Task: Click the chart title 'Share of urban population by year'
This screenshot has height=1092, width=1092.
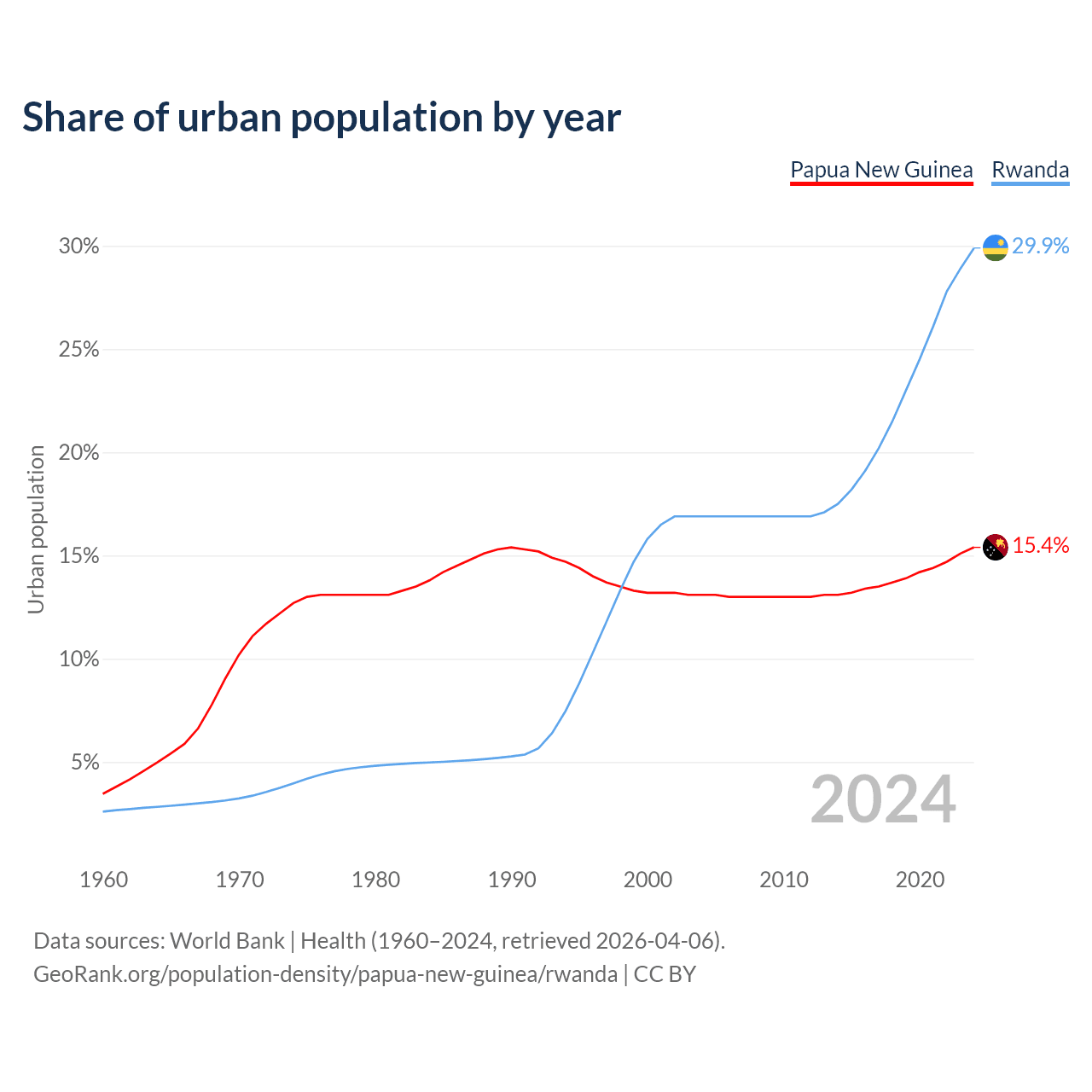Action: click(322, 117)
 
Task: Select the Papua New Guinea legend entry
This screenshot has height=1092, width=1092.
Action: click(881, 170)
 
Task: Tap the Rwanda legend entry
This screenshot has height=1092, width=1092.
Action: click(1030, 170)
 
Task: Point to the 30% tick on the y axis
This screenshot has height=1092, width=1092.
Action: click(78, 247)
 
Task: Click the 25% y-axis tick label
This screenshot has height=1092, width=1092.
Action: click(78, 350)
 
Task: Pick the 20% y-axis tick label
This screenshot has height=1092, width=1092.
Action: click(78, 453)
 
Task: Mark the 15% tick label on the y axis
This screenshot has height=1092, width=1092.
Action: click(78, 556)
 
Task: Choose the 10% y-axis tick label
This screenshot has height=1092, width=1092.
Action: click(78, 659)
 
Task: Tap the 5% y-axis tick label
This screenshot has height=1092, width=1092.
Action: click(85, 763)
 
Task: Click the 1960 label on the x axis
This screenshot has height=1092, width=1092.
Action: click(103, 880)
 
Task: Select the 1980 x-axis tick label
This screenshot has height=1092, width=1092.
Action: click(375, 880)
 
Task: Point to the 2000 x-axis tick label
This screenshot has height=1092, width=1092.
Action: click(648, 880)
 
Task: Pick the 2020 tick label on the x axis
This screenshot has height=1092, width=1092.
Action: click(920, 880)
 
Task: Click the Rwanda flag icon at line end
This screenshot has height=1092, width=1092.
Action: click(996, 247)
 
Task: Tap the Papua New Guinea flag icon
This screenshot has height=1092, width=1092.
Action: click(996, 547)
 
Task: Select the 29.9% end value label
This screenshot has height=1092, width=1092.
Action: click(1041, 247)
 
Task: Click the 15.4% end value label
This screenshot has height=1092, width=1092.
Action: click(1041, 546)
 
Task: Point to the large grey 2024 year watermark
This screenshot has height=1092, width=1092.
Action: click(883, 799)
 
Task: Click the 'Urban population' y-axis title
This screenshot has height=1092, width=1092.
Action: click(36, 529)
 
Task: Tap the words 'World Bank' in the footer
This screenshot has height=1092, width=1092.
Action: click(227, 941)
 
